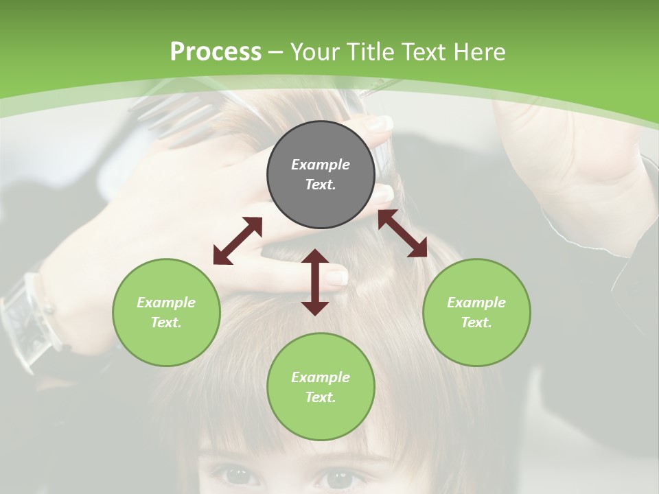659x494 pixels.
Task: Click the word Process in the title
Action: (216, 52)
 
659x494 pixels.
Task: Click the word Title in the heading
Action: (370, 52)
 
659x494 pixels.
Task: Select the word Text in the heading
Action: (425, 52)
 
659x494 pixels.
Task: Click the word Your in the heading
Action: (316, 52)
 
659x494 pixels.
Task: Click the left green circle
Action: (166, 312)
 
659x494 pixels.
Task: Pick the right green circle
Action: (476, 312)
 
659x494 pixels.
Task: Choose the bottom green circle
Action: (321, 387)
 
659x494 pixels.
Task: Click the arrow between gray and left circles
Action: (238, 241)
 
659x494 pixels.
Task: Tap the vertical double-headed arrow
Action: (315, 282)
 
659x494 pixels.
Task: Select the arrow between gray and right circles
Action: (402, 233)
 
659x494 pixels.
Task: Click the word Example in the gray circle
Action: (321, 165)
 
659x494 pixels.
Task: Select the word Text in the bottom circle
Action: (321, 397)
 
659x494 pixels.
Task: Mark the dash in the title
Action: (276, 52)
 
